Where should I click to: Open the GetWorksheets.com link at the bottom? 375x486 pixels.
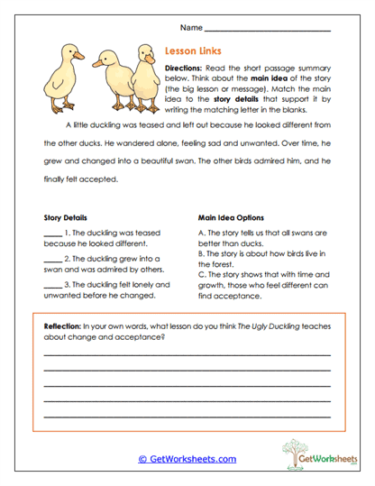pyautogui.click(x=187, y=459)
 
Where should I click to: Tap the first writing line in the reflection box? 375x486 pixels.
pyautogui.click(x=187, y=354)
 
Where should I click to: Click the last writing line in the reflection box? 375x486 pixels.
pyautogui.click(x=187, y=417)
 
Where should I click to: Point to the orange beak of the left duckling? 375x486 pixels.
pyautogui.click(x=78, y=56)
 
